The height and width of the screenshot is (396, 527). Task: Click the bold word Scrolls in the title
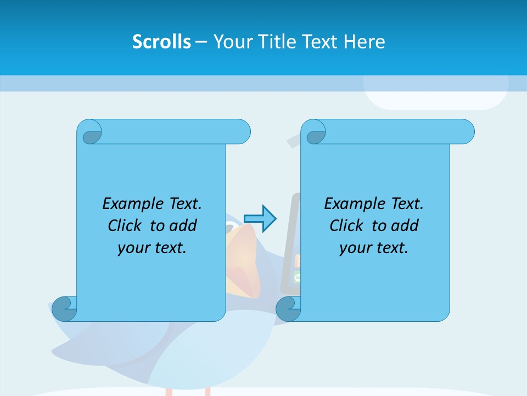[x=162, y=42]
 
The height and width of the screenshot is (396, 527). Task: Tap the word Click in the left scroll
[x=124, y=226]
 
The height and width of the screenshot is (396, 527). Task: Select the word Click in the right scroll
[x=346, y=226]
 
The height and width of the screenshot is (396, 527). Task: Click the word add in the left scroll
[x=183, y=226]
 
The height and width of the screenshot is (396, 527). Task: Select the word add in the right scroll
[x=405, y=226]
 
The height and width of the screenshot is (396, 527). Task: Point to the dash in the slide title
[x=201, y=42]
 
